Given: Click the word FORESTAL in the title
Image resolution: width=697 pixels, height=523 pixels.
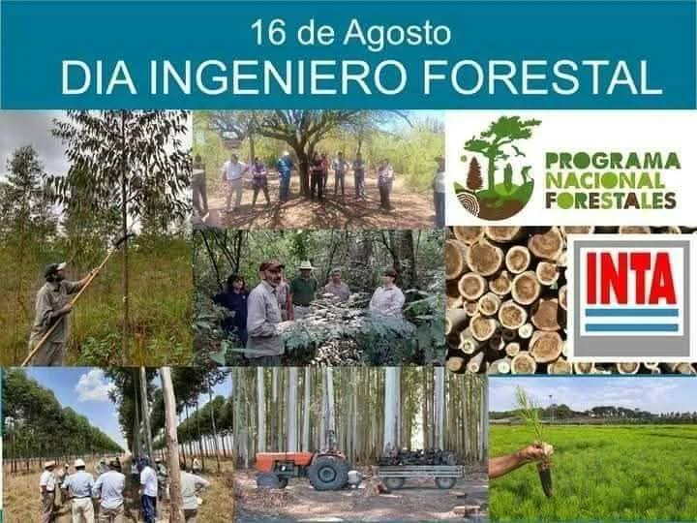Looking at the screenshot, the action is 542,77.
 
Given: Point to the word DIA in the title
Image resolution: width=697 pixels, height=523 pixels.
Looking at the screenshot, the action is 98,77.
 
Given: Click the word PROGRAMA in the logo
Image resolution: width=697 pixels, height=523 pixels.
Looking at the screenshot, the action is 613,161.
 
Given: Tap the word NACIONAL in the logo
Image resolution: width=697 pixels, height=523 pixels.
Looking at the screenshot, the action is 605,180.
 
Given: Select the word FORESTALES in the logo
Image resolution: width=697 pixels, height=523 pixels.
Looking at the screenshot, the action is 611,200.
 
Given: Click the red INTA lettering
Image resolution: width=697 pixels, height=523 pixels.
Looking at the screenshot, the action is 631,278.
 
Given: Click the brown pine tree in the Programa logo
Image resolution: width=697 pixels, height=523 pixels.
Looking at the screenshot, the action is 474,174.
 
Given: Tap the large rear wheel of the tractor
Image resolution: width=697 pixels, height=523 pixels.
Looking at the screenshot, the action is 329,473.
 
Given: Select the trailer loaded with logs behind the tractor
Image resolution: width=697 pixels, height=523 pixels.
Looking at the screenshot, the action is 419,469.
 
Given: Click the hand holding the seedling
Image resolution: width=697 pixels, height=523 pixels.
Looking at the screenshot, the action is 539,452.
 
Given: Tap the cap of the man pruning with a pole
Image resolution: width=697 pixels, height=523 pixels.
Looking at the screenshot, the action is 54,268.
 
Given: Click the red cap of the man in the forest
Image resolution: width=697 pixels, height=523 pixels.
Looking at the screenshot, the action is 271,265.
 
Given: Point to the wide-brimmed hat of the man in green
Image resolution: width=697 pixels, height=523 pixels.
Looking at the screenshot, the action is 305,265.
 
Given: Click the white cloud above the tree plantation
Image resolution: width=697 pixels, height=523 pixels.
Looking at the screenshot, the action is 93,385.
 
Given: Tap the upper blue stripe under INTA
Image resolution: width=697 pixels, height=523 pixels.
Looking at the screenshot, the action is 631,313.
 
